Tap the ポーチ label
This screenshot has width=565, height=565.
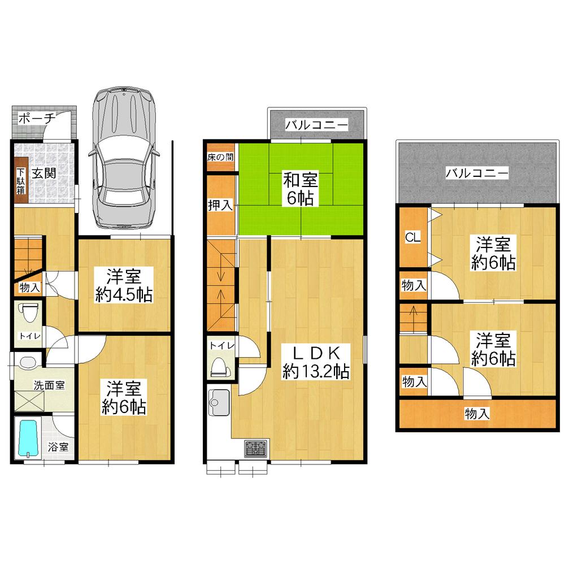[36, 119]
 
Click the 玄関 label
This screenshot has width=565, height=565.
[43, 174]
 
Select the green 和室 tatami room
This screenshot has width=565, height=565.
[301, 189]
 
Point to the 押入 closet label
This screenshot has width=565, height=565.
[220, 204]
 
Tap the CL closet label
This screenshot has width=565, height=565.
[413, 238]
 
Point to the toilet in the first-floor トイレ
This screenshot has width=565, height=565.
[28, 314]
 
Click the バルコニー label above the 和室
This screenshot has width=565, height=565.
[316, 125]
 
